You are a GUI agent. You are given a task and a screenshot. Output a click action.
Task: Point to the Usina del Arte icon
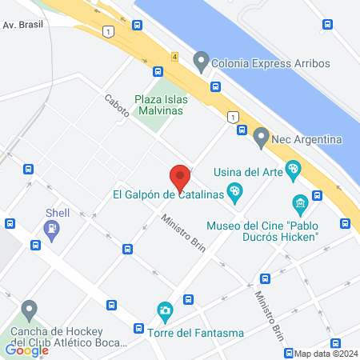(x=294, y=170)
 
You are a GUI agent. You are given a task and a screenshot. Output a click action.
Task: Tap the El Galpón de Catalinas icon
(x=234, y=192)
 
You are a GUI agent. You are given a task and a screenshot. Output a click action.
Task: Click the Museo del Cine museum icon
(x=300, y=203)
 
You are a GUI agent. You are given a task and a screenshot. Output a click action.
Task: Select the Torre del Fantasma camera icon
(x=164, y=310)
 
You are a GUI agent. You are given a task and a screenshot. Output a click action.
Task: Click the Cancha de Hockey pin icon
(x=30, y=309)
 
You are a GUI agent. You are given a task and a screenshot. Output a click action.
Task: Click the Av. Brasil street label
(x=22, y=25)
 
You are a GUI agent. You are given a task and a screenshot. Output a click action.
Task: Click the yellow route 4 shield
(x=174, y=57)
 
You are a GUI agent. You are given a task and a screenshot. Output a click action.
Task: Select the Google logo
(x=26, y=350)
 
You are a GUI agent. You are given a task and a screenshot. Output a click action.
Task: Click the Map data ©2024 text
(x=326, y=354)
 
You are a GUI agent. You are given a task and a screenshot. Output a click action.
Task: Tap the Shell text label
(x=57, y=213)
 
